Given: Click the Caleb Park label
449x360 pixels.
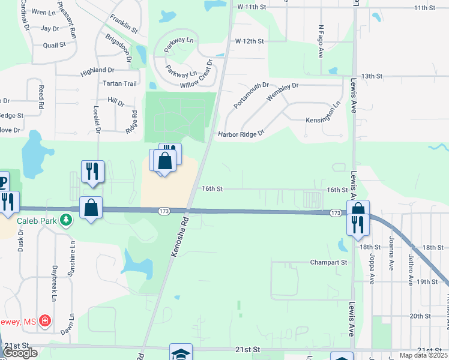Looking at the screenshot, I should tap(36, 221).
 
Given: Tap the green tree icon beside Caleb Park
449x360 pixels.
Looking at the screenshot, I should tap(66, 221).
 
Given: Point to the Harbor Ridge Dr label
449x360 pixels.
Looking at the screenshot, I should tap(241, 134).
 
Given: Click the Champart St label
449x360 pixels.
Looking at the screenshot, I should tap(328, 262).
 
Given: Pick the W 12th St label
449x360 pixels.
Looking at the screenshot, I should tap(250, 41).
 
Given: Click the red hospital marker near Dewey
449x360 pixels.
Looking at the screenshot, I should tap(44, 322).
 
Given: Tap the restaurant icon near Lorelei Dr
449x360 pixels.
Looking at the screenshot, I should tap(92, 171).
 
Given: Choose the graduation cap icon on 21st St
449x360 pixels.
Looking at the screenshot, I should tap(181, 353).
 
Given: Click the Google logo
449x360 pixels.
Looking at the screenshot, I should tap(20, 353).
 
